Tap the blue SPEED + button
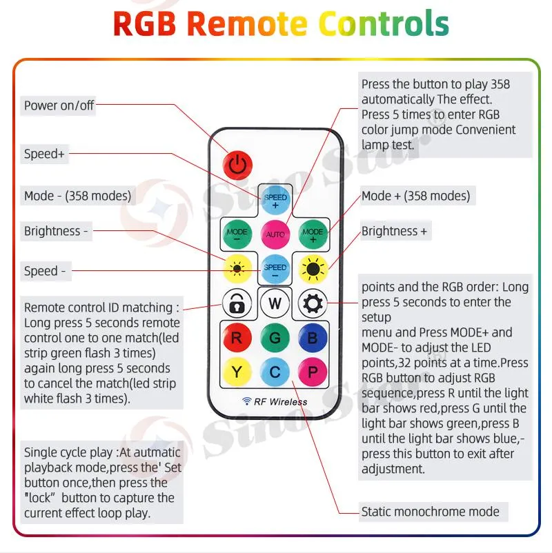tap(275, 200)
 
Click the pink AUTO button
tap(275, 234)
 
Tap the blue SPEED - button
tap(275, 269)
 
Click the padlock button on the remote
tap(237, 303)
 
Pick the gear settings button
tap(312, 303)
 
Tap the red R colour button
tap(237, 338)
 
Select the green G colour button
tap(275, 338)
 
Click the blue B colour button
tap(312, 338)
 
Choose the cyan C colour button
tap(275, 372)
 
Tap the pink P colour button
tap(312, 372)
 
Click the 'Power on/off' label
tap(59, 105)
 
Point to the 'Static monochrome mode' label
tap(430, 512)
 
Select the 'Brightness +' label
tap(394, 231)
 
